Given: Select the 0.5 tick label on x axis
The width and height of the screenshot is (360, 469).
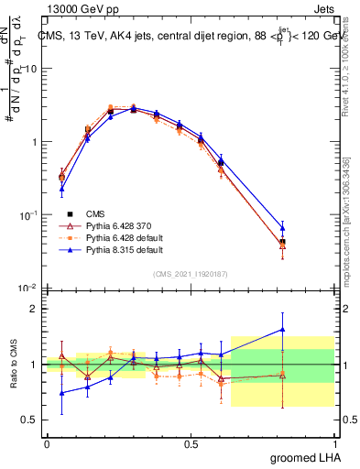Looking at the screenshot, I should pos(191,444).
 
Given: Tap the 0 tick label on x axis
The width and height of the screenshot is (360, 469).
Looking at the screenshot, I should pos(47,444).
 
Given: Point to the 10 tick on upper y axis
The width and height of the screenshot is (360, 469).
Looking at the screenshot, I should pos(31,69).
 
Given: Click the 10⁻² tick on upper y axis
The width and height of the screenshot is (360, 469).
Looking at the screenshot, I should pos(27,288).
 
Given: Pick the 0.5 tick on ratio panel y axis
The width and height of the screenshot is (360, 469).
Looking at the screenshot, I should pos(29,420).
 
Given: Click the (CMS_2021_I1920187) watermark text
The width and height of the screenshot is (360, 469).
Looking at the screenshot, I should pos(191,272).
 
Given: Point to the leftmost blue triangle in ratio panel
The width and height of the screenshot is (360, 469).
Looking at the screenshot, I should pos(61,393).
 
